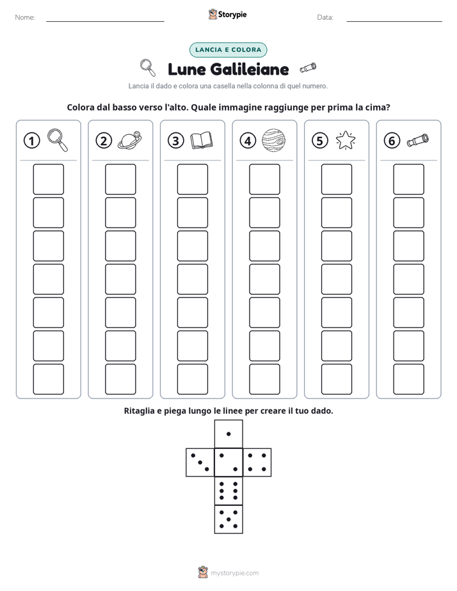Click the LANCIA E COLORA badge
[x=228, y=50]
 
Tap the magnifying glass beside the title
[x=147, y=67]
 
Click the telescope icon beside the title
[x=308, y=68]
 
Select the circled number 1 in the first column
[x=31, y=141]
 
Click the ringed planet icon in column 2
[x=130, y=140]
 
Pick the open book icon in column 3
[x=202, y=141]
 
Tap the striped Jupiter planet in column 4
[x=273, y=140]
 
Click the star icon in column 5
[x=346, y=140]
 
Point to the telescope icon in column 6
[x=418, y=140]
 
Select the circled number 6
[x=392, y=141]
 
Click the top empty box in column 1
[x=48, y=179]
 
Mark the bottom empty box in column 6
[x=408, y=379]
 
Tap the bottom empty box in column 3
[x=192, y=379]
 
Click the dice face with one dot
[x=228, y=434]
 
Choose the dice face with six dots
[x=228, y=491]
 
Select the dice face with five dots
[x=228, y=519]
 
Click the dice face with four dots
[x=257, y=462]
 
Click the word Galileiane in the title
[x=249, y=69]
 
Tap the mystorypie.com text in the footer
[x=234, y=573]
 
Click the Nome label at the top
[x=25, y=17]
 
